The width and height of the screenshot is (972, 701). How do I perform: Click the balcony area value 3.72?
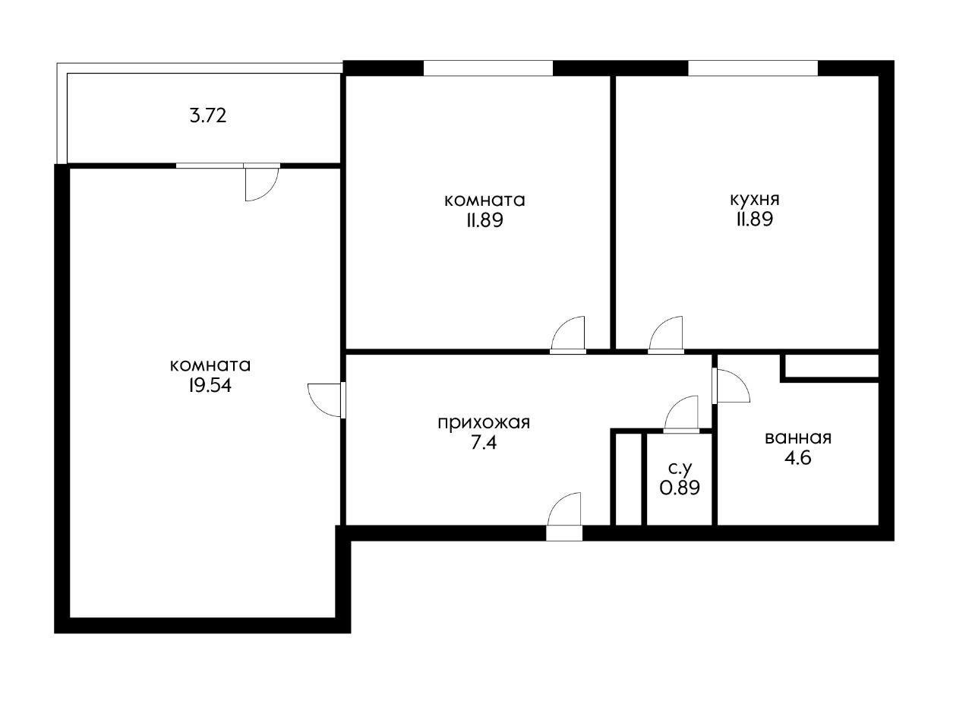208,116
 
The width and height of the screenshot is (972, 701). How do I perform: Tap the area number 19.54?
210,386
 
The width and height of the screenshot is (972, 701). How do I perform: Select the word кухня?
755,200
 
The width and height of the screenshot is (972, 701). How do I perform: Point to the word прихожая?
484,422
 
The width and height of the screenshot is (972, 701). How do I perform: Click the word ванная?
798,438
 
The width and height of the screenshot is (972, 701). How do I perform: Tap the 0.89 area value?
680,488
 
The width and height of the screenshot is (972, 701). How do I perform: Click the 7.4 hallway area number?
484,443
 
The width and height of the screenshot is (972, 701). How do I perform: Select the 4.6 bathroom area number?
798,459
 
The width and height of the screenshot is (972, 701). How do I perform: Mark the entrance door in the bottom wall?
564,516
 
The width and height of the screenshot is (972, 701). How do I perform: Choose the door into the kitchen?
666,335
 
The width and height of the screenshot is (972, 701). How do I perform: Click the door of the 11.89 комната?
568,335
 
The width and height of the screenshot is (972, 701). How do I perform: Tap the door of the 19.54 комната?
327,400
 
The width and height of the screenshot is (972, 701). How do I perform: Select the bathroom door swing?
731,386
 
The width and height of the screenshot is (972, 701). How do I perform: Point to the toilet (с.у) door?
681,415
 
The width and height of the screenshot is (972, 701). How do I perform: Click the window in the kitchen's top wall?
753,68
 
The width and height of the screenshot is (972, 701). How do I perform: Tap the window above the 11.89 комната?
488,68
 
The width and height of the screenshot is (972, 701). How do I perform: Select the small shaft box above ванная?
832,366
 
